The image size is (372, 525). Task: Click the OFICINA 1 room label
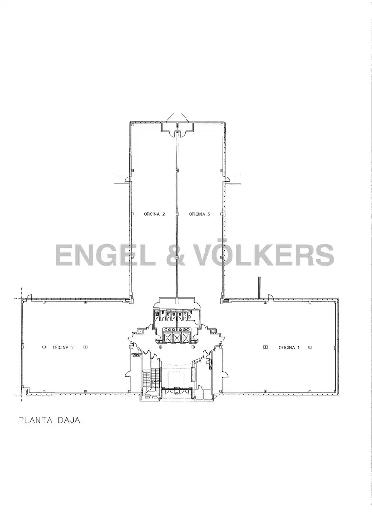pos(63,347)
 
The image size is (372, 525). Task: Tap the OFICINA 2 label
pos(154,214)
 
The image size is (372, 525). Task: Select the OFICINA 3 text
pos(200,214)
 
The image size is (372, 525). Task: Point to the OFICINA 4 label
pos(289,347)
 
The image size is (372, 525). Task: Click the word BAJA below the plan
pos(69,420)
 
